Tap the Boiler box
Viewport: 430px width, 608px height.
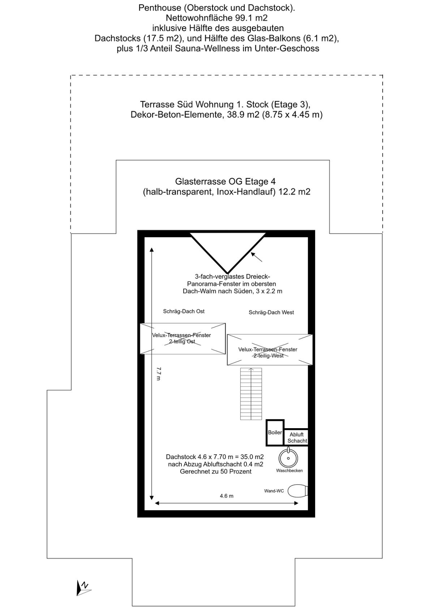pyautogui.click(x=275, y=433)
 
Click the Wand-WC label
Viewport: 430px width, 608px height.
pyautogui.click(x=274, y=491)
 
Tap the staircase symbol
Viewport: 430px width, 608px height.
pyautogui.click(x=251, y=394)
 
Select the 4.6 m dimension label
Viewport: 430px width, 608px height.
pyautogui.click(x=227, y=496)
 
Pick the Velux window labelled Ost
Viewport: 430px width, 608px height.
pyautogui.click(x=182, y=338)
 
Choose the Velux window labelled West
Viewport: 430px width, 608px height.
pyautogui.click(x=270, y=349)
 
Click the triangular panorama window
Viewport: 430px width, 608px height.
pyautogui.click(x=228, y=252)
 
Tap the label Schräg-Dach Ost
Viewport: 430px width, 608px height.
pyautogui.click(x=184, y=311)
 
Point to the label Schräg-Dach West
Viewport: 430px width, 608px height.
pyautogui.click(x=271, y=312)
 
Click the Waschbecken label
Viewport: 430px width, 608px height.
pyautogui.click(x=289, y=471)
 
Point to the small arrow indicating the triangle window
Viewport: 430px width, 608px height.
pyautogui.click(x=256, y=257)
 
